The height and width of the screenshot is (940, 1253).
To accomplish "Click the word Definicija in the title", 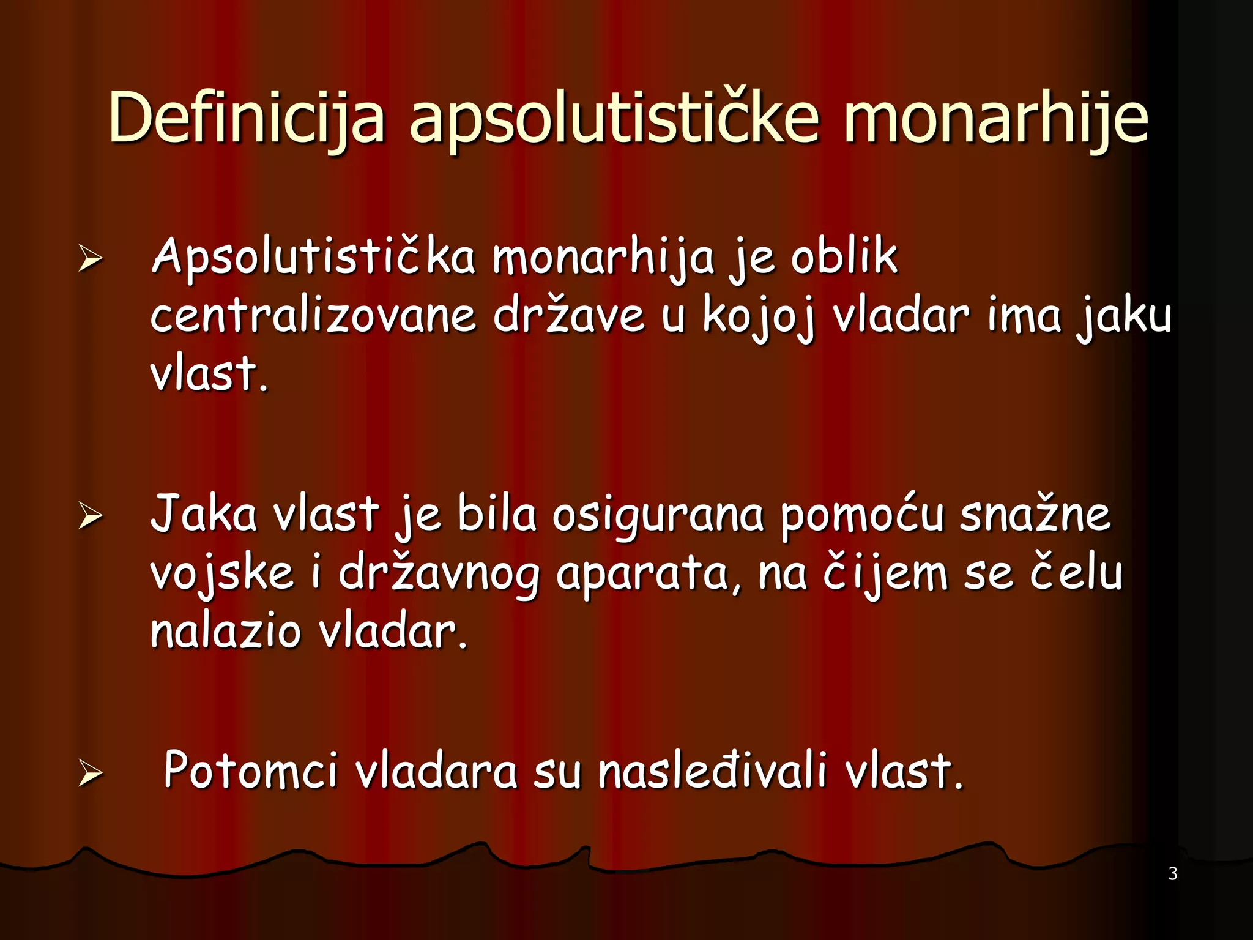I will tap(247, 117).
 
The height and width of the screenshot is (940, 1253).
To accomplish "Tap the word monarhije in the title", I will tap(995, 117).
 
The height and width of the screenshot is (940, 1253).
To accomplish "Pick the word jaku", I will tap(1124, 317).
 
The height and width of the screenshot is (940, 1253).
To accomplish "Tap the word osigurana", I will tap(658, 515).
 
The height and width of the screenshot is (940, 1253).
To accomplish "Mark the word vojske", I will tap(221, 574).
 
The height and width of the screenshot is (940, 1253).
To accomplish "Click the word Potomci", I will tap(250, 770).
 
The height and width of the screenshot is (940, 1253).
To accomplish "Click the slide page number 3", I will tap(1172, 873).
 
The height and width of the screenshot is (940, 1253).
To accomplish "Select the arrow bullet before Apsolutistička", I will tap(90, 258).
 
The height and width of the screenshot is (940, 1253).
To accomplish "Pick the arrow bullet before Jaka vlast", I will tap(90, 517).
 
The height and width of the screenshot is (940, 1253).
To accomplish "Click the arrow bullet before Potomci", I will tap(90, 774).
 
